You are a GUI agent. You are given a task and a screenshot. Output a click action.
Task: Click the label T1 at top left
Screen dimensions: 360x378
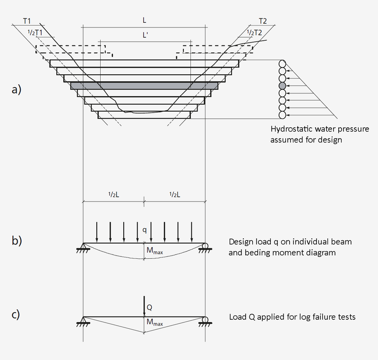27,21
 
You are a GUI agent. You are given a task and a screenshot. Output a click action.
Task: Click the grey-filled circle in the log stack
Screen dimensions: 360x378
282,86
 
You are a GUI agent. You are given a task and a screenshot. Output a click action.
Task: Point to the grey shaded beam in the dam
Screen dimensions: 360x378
144,86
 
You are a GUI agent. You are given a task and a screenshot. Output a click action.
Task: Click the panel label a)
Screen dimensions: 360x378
17,89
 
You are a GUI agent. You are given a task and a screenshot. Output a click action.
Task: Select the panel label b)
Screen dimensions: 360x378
17,240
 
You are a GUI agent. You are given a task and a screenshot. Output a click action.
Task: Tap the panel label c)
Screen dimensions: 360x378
17,314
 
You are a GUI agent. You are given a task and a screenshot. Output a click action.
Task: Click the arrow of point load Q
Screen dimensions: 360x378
144,305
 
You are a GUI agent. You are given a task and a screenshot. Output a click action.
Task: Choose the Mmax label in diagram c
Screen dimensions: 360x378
154,323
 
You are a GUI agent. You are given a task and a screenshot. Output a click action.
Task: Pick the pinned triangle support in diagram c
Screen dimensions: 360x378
83,320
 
